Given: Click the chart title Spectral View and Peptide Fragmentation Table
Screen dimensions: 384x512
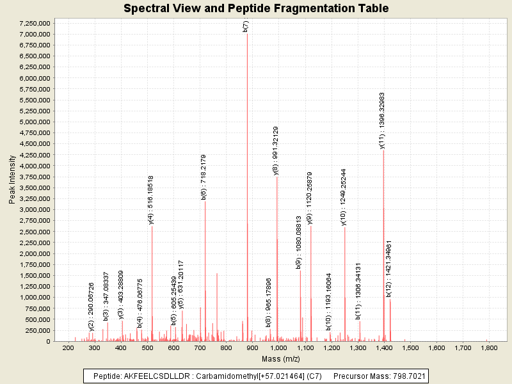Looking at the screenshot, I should click(x=256, y=8).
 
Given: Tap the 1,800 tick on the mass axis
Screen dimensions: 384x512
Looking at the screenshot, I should click(x=489, y=347).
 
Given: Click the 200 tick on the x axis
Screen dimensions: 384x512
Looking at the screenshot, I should click(x=68, y=347).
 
